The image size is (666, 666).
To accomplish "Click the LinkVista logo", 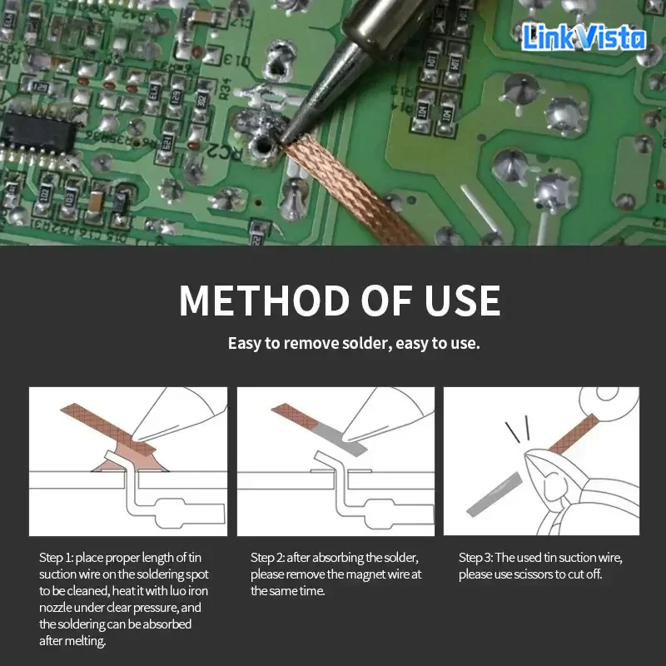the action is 584,37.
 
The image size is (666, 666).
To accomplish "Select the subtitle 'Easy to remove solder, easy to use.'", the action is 354,343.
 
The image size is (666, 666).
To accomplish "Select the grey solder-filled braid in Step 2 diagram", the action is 339,439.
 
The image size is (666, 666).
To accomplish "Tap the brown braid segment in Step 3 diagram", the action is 574,433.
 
